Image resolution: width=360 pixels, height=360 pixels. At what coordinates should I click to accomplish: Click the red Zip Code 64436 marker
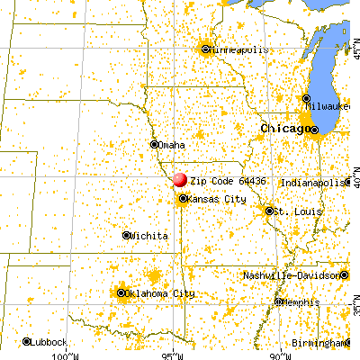[x=180, y=180]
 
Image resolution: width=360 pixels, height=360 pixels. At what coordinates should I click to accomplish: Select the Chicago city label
[x=284, y=130]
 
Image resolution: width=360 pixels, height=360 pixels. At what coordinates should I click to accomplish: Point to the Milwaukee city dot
[x=307, y=99]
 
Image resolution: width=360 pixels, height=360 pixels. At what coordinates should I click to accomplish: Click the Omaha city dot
[x=154, y=144]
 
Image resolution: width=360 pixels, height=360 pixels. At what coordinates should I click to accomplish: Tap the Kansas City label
[x=214, y=199]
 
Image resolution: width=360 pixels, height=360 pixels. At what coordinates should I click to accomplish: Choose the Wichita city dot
[x=126, y=235]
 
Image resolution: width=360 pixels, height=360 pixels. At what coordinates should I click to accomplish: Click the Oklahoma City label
[x=163, y=293]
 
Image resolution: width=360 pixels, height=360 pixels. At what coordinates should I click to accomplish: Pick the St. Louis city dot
[x=269, y=211]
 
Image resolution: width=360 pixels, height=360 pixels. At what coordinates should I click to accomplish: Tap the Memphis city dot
[x=279, y=301]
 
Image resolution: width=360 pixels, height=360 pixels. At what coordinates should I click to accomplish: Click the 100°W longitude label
[x=67, y=355]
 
